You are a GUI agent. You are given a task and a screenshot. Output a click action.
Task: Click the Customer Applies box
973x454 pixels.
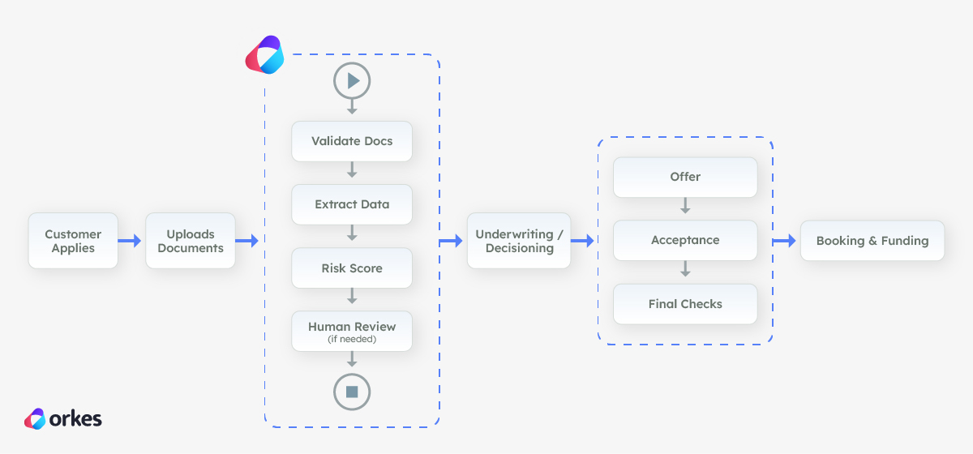pyautogui.click(x=73, y=241)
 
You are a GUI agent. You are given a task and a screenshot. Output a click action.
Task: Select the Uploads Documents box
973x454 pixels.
pyautogui.click(x=191, y=241)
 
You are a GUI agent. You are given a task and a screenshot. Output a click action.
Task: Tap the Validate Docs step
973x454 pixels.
pyautogui.click(x=352, y=141)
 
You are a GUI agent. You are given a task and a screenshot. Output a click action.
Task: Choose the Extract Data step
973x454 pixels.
pyautogui.click(x=352, y=204)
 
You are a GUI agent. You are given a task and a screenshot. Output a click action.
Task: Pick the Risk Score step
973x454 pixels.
pyautogui.click(x=352, y=268)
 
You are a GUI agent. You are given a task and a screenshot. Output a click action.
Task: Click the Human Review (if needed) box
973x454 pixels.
pyautogui.click(x=352, y=332)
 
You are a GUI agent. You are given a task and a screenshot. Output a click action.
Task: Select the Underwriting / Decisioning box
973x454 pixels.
pyautogui.click(x=519, y=241)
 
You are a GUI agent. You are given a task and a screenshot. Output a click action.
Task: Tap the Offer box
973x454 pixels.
pyautogui.click(x=685, y=177)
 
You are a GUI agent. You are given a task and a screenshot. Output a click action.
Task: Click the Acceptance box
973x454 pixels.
pyautogui.click(x=685, y=241)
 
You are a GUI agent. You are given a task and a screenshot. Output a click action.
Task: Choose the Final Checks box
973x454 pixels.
pyautogui.click(x=685, y=304)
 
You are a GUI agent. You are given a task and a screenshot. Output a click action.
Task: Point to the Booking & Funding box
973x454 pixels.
pyautogui.click(x=872, y=241)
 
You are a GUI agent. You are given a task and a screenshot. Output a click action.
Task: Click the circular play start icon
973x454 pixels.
pyautogui.click(x=352, y=81)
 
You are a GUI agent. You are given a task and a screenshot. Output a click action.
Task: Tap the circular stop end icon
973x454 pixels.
pyautogui.click(x=352, y=392)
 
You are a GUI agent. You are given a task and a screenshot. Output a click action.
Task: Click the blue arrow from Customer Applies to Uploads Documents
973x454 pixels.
pyautogui.click(x=131, y=241)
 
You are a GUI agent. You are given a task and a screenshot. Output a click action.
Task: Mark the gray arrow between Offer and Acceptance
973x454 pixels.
pyautogui.click(x=685, y=207)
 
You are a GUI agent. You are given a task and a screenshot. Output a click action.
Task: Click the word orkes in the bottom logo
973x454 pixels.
pyautogui.click(x=75, y=419)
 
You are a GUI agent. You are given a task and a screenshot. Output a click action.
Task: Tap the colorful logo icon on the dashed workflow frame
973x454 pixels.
pyautogui.click(x=264, y=55)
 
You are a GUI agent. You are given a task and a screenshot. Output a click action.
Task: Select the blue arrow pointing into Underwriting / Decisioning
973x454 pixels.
pyautogui.click(x=451, y=241)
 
